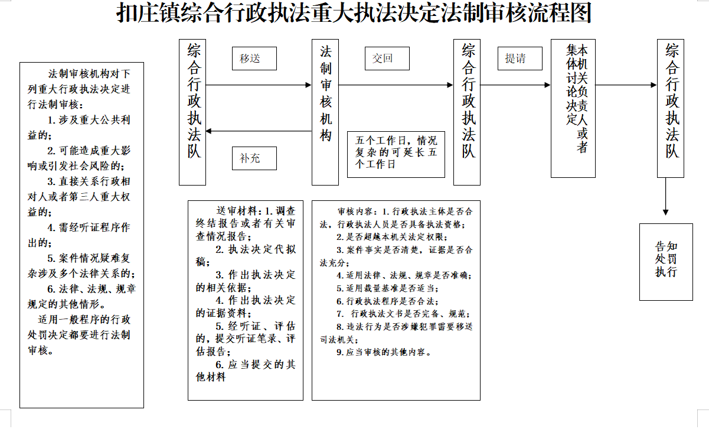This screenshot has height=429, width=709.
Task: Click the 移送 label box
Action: pos(254,58)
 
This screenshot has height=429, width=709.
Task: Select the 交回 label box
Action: pos(387,58)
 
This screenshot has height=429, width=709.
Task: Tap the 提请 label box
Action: pos(520,58)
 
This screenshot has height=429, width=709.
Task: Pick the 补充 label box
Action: pos(254,158)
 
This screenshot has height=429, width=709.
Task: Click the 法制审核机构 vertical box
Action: pos(325,112)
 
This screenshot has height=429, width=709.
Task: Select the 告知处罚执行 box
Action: pos(666,262)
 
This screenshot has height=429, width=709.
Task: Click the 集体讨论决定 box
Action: pos(573,108)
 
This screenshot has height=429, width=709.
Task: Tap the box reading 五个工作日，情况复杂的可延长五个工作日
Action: pos(396,154)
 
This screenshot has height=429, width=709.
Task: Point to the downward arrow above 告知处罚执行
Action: pos(666,196)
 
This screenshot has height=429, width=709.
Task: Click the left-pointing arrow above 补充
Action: pos(259,131)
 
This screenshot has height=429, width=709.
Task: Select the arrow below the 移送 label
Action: pos(259,85)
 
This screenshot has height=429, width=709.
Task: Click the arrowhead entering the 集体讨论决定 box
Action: pos(547,85)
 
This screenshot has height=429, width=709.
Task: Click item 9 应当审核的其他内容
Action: pos(384,352)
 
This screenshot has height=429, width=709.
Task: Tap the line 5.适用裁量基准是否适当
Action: pos(387,288)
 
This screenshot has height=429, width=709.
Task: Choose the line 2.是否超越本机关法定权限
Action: pos(392,237)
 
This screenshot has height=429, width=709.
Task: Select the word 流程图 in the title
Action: pos(560,13)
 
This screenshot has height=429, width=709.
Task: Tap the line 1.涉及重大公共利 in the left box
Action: pos(89,120)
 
